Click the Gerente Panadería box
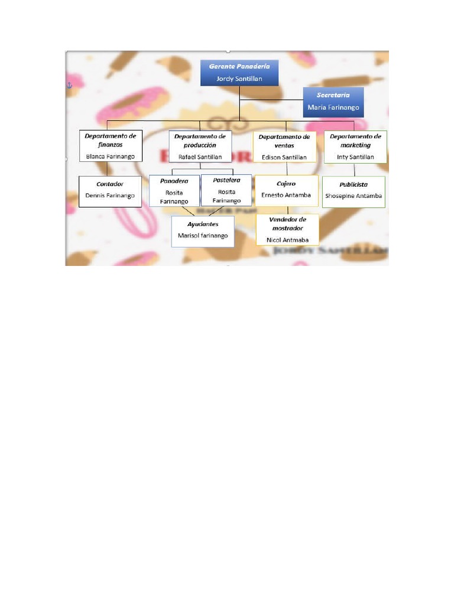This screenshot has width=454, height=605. tap(239, 73)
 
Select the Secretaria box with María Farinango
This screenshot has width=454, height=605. tap(333, 102)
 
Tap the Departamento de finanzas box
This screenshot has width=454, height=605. tap(110, 146)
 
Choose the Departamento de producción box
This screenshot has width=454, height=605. tap(200, 146)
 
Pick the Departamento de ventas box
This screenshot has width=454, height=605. tap(284, 147)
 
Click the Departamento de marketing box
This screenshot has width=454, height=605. tap(355, 146)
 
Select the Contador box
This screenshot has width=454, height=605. tap(110, 191)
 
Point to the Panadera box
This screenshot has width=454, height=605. tap(174, 190)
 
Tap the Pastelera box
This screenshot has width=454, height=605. tap(226, 190)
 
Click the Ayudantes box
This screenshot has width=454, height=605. tap(203, 230)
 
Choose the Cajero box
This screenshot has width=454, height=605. tap(286, 190)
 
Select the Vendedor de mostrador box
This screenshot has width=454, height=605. tap(287, 229)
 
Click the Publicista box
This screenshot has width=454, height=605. tap(354, 191)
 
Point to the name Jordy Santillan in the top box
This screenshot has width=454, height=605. tap(239, 79)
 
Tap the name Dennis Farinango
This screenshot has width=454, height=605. tap(110, 196)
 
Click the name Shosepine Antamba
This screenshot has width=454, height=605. tap(354, 196)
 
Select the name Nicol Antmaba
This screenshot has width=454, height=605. tap(287, 240)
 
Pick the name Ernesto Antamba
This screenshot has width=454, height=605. tap(286, 195)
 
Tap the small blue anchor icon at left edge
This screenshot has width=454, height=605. tap(68, 86)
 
